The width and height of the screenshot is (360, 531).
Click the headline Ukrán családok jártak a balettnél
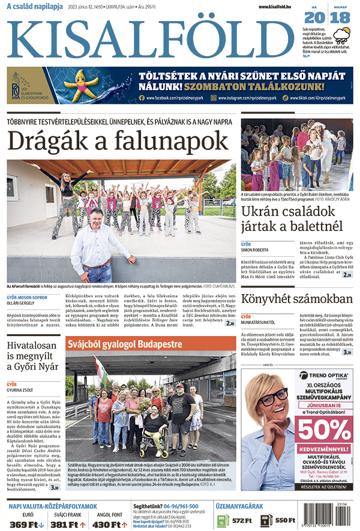292,219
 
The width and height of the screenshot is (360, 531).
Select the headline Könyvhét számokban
296,299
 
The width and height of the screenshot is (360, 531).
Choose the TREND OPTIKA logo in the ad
318,377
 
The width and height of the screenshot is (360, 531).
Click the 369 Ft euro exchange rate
27,524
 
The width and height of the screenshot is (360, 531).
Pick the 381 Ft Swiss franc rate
68,524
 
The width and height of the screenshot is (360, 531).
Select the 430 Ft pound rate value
109,524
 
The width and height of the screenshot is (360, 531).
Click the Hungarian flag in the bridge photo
102,371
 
